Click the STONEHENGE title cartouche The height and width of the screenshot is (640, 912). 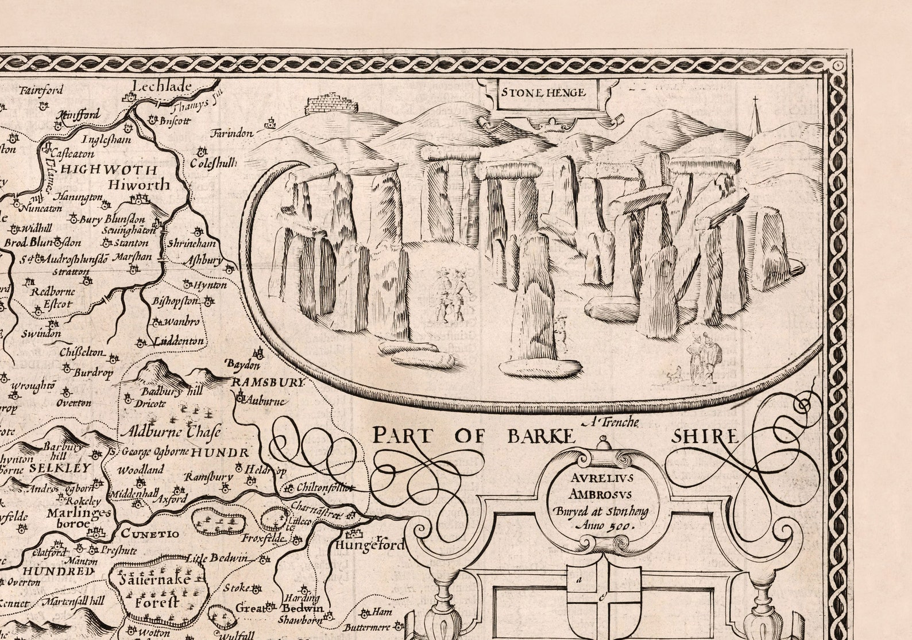click(x=542, y=92)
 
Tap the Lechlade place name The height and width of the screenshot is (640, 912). click(x=161, y=86)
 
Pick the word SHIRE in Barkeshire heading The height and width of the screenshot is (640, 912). click(x=705, y=437)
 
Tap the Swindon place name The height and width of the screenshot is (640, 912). click(x=41, y=333)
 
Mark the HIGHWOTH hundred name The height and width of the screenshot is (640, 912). click(x=109, y=169)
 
